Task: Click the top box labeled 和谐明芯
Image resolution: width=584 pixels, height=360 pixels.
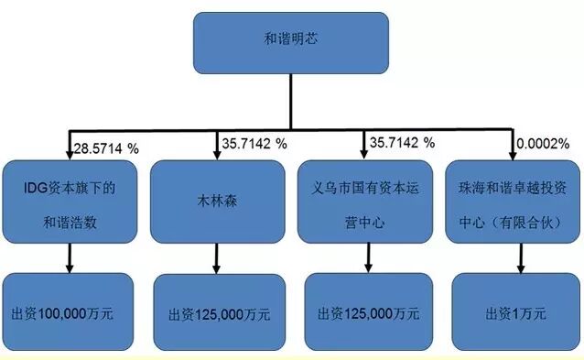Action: click(290, 40)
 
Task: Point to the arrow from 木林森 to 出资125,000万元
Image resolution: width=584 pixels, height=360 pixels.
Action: click(217, 257)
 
